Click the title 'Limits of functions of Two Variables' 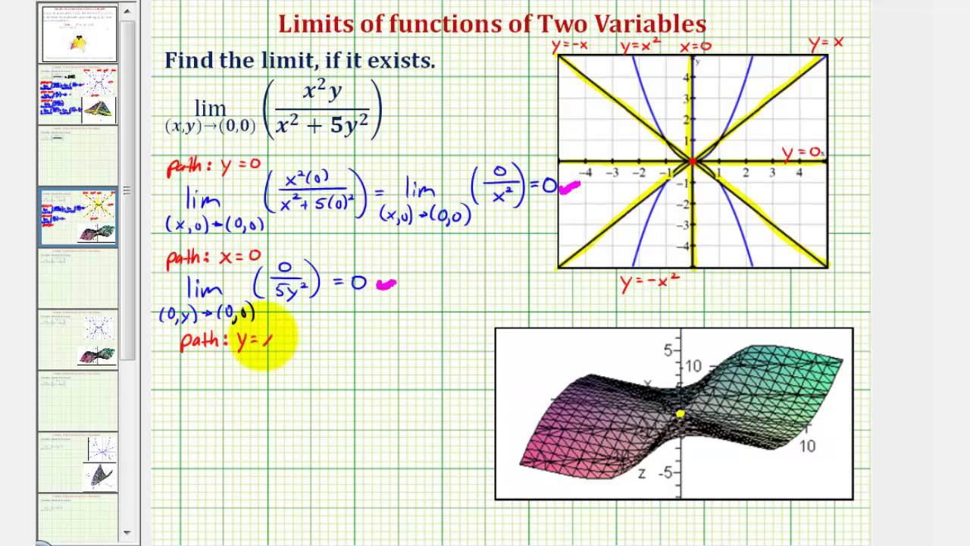[x=492, y=24]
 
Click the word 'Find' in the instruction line [x=189, y=61]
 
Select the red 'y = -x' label [x=570, y=46]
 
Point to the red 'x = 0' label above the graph [x=695, y=46]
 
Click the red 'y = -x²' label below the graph [x=649, y=284]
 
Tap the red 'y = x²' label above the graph [x=641, y=46]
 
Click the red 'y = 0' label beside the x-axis [x=800, y=152]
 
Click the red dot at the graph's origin [x=693, y=161]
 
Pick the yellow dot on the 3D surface [x=680, y=413]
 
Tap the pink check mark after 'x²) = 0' [x=569, y=187]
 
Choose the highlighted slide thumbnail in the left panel [x=78, y=217]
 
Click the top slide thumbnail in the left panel [x=79, y=33]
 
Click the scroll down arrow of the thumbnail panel [x=127, y=533]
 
